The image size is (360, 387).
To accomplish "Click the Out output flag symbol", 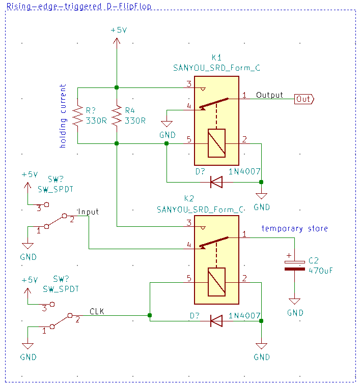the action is click(x=304, y=99).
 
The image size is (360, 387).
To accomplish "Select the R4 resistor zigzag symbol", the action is click(x=117, y=115).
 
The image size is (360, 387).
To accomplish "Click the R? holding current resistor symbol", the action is click(x=77, y=115).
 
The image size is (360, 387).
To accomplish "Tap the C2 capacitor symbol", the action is click(x=294, y=265).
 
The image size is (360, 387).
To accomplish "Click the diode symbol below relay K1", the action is click(x=216, y=182).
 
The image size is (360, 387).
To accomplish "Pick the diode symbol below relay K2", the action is click(x=216, y=321).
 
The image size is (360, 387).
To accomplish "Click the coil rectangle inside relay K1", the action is click(x=216, y=143).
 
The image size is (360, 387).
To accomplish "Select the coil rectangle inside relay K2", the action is click(x=216, y=282).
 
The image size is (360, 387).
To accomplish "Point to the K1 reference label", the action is click(x=216, y=57).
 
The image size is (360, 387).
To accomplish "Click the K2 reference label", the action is click(x=189, y=198).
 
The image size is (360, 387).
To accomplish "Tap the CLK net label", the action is click(x=97, y=311).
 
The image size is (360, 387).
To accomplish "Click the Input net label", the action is click(x=88, y=212).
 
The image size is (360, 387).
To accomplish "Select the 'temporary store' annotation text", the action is click(x=294, y=228).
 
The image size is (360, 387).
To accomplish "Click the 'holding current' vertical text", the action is click(x=63, y=116).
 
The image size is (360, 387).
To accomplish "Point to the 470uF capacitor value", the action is click(x=320, y=271).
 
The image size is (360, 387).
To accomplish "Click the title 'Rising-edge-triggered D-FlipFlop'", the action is click(x=78, y=6).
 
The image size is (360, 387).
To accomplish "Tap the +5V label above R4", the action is click(x=119, y=30).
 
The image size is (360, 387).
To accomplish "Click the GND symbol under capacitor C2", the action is click(x=294, y=302).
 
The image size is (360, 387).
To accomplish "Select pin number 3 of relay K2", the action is click(x=189, y=223).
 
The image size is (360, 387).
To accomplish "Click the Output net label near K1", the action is click(x=269, y=95).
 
